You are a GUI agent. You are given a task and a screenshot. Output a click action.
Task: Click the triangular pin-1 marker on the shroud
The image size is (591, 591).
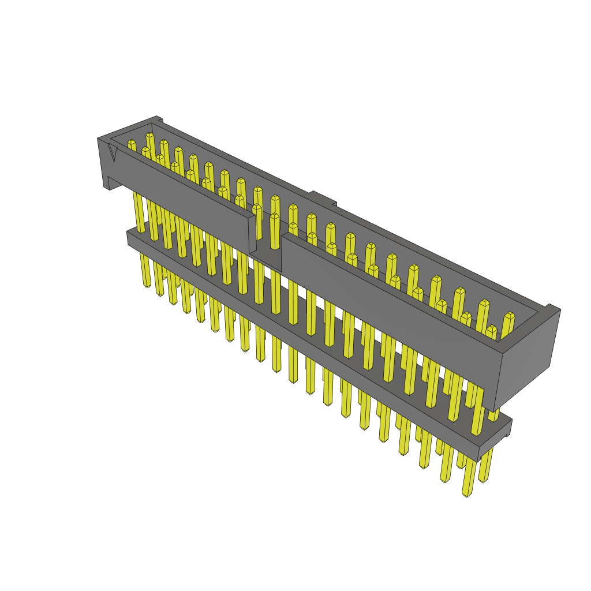pyautogui.click(x=113, y=153)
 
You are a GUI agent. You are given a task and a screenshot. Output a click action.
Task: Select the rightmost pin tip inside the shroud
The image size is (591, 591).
pyautogui.click(x=509, y=316)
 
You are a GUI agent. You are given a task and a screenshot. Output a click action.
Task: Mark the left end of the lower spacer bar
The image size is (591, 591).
pyautogui.click(x=129, y=237)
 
